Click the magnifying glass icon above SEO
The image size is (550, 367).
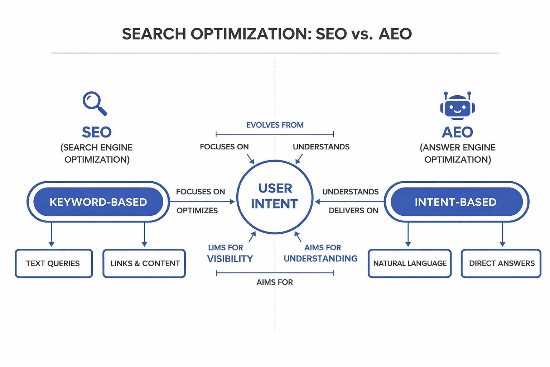(94, 103)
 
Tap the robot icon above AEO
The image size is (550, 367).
(457, 106)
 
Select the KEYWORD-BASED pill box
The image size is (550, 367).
(98, 202)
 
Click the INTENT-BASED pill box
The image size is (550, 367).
(455, 202)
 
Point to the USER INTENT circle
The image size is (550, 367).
(275, 196)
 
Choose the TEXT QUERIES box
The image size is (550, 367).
(53, 263)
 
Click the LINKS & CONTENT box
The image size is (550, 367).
(144, 263)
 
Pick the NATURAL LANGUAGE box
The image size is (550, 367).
(410, 263)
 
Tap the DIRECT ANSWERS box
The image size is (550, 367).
(501, 263)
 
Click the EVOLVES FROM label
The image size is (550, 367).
(275, 125)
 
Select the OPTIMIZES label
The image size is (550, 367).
(197, 211)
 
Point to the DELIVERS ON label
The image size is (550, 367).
(353, 211)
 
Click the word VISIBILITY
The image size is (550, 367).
(230, 259)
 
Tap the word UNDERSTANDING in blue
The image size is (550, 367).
(320, 259)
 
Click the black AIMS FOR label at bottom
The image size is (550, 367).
(275, 282)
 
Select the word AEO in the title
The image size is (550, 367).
(395, 34)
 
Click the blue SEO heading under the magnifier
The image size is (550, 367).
(97, 132)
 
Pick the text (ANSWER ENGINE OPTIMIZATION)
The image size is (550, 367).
(457, 153)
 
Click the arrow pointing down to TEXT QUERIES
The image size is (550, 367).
(52, 235)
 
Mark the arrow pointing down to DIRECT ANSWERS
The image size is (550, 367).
(502, 235)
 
